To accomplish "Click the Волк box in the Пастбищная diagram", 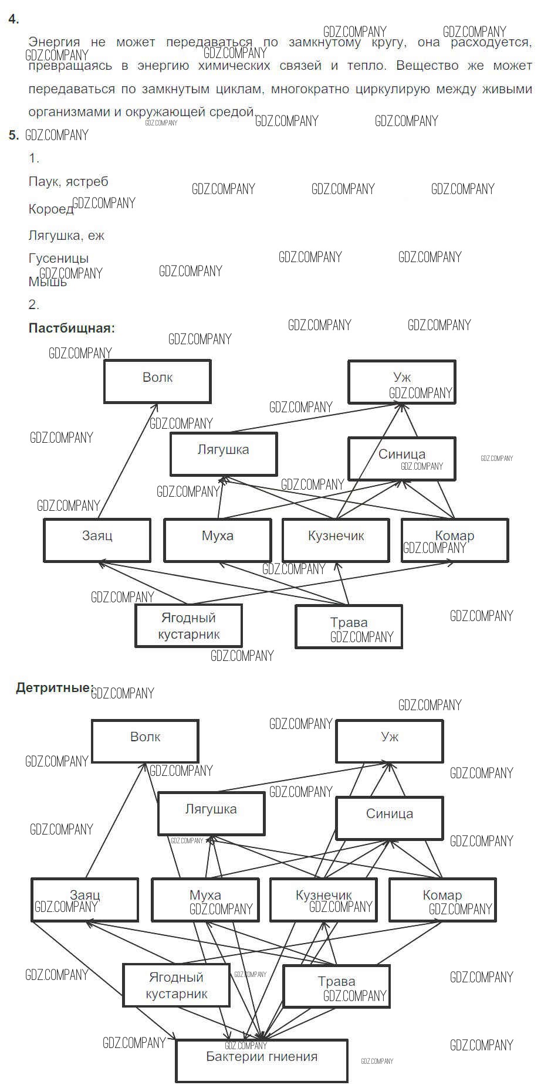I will click(x=157, y=382).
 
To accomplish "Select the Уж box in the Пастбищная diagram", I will click(x=401, y=382).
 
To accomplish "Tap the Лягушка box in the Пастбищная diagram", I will click(x=223, y=454).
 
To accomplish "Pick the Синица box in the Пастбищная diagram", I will click(x=401, y=458).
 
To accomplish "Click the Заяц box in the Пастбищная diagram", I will click(x=97, y=540).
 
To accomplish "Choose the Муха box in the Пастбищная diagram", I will click(x=217, y=540).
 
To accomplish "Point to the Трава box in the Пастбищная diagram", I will click(x=349, y=626).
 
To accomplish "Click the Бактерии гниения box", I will click(x=262, y=1060).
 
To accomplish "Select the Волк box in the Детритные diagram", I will click(x=145, y=741).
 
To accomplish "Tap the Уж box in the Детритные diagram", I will click(x=390, y=741).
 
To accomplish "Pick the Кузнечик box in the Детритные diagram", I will click(x=323, y=899).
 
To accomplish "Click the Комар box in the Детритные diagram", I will click(x=442, y=899).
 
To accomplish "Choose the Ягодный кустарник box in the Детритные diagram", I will click(x=176, y=985).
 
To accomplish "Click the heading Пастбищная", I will click(x=72, y=328).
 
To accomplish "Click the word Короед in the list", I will click(x=50, y=209).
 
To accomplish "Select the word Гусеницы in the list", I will click(x=58, y=258).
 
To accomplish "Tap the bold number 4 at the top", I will click(x=13, y=19).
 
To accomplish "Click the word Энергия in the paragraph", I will click(x=54, y=42).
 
